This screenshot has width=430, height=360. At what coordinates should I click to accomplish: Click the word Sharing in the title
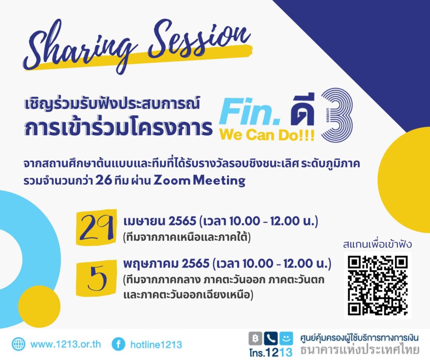coord(79,47)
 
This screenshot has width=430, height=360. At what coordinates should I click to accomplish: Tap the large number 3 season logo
coord(337,115)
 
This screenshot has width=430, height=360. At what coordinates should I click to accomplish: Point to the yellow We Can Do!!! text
coord(267,135)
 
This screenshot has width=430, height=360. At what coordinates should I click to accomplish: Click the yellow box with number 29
coord(96,227)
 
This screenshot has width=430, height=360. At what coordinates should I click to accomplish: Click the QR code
coord(378,285)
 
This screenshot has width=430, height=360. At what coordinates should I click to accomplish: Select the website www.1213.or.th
coord(66,344)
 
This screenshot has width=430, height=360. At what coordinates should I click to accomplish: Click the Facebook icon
coord(118,344)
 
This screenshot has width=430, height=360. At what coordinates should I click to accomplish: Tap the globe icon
coord(18,344)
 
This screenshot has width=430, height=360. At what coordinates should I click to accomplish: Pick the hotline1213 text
coord(156,344)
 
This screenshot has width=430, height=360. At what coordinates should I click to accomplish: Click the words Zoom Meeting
coord(199,181)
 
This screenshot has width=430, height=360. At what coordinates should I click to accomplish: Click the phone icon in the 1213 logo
coord(271,339)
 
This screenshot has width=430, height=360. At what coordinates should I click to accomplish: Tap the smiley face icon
coord(286,339)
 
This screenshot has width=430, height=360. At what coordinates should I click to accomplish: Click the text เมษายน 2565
coord(160,221)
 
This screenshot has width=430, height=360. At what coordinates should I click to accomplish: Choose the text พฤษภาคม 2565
coord(166,263)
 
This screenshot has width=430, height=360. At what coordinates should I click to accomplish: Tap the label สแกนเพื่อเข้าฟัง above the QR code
coord(378,244)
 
